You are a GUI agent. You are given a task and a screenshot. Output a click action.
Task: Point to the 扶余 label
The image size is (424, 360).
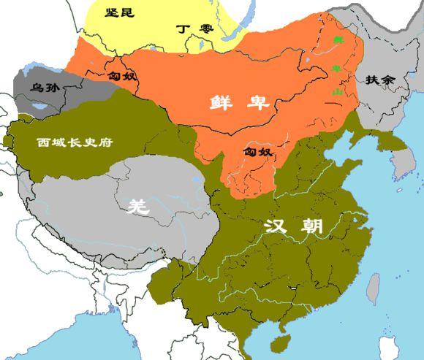(x=379, y=79)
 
